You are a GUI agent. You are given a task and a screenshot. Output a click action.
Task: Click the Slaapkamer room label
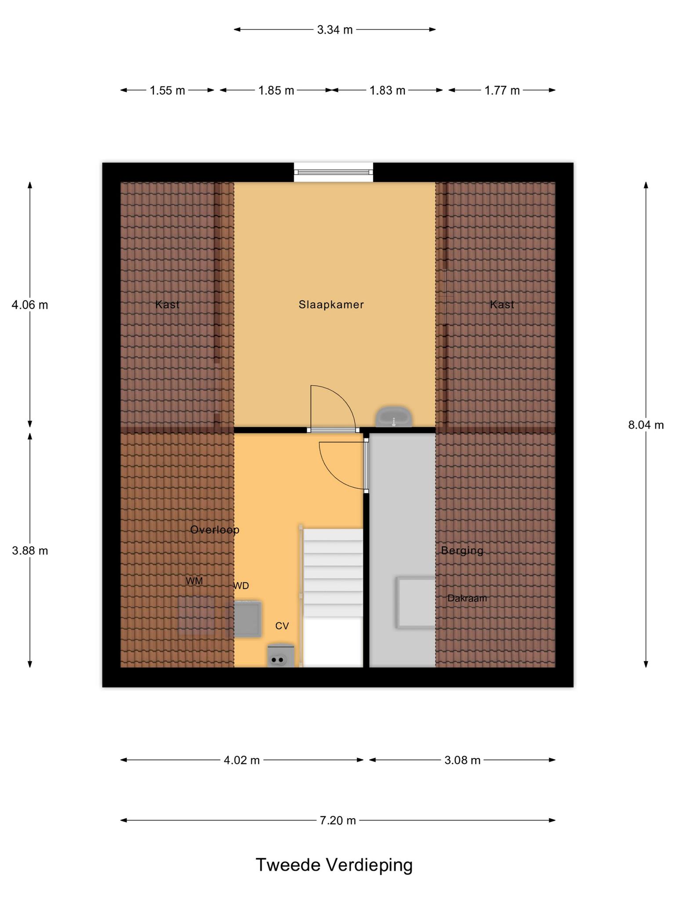pos(331,305)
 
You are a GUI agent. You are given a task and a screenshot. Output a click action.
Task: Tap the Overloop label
pos(214,530)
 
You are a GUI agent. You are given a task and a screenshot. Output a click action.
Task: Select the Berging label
pos(462,550)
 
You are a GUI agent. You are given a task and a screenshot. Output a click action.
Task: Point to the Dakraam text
pos(467,598)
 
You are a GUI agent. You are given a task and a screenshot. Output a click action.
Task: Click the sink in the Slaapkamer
pos(394,417)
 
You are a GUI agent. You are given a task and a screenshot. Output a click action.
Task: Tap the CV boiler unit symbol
pos(281,655)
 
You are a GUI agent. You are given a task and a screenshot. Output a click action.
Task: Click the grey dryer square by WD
pos(247,619)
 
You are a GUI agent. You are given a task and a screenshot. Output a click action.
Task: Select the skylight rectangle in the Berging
pos(416,602)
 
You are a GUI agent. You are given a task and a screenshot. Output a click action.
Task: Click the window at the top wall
pos(334,172)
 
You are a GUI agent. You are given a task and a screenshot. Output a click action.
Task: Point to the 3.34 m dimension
pos(335,29)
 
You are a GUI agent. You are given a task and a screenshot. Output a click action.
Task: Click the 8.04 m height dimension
pos(646,425)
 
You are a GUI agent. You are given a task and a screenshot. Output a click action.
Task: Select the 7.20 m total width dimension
pos(338,820)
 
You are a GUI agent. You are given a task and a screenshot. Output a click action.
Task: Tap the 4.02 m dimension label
pos(242,760)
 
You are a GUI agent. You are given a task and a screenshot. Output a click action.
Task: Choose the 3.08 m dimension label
pos(462,760)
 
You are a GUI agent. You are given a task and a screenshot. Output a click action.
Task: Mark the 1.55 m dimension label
pos(167,91)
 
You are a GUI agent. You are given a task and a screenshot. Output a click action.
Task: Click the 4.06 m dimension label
pos(30,305)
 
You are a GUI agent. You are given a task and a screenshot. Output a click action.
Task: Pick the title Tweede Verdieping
pos(334,865)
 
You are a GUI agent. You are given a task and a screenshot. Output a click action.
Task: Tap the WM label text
pos(194,581)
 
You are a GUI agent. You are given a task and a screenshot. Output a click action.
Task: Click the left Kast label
pos(167,305)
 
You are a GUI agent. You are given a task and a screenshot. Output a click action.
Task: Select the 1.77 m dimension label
pos(502,91)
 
